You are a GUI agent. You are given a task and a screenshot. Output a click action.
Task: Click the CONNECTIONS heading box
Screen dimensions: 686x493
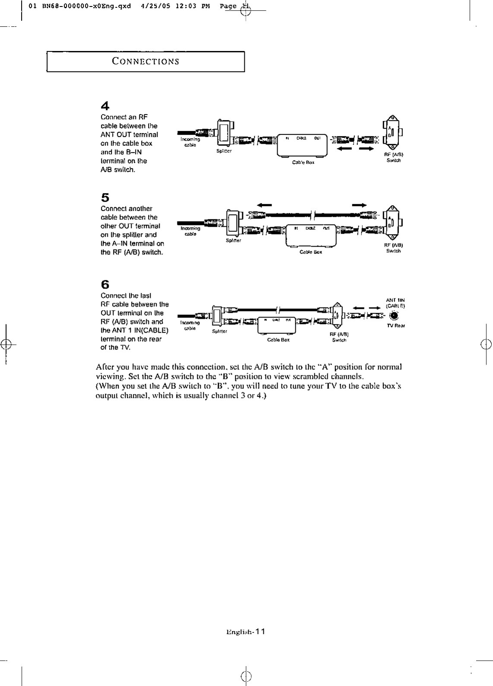point(145,61)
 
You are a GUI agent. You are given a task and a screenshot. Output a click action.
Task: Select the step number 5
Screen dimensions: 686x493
point(105,198)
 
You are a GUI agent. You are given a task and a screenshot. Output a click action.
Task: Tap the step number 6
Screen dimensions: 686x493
point(105,285)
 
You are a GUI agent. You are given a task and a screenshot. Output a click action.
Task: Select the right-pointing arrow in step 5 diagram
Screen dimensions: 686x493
point(360,205)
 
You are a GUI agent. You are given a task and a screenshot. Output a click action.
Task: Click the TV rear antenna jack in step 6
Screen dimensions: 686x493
point(393,315)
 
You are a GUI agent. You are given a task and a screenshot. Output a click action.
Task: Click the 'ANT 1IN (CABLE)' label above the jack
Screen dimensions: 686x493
point(395,302)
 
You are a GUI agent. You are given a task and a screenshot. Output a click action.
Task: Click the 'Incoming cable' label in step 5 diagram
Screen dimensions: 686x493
point(190,231)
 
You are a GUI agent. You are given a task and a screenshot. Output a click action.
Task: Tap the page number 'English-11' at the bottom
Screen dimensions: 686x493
point(246,632)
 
